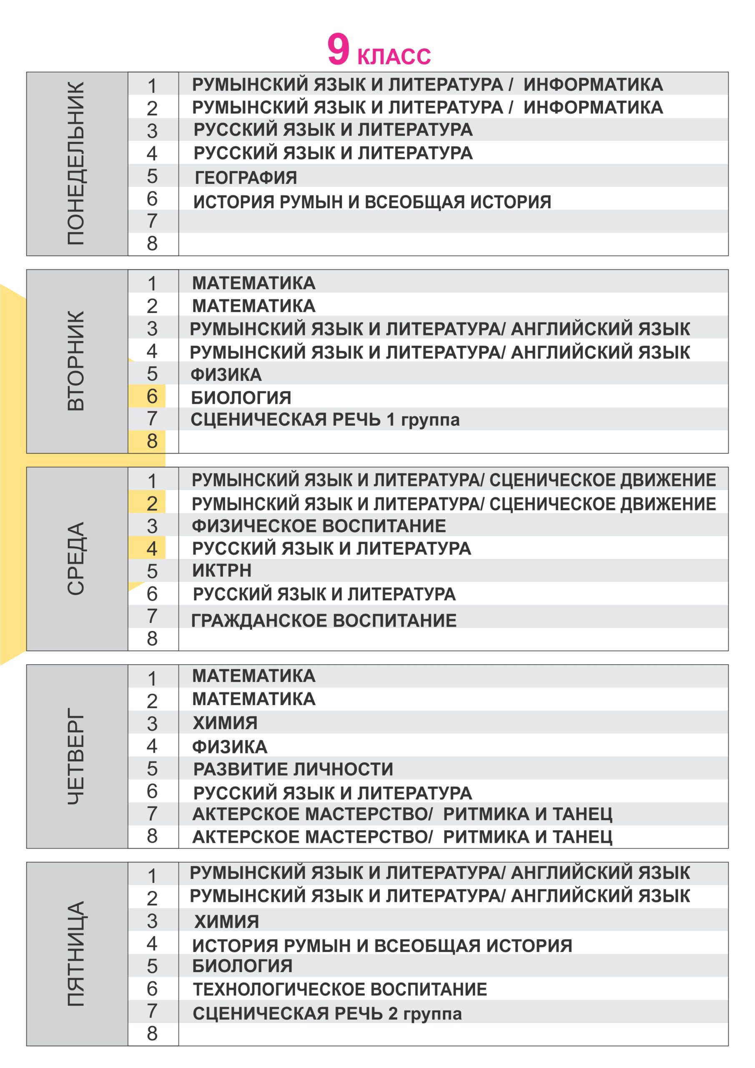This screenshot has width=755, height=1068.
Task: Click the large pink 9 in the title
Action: [x=338, y=49]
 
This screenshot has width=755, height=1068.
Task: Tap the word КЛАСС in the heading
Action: [x=394, y=56]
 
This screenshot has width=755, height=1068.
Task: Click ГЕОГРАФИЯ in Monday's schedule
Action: [x=246, y=178]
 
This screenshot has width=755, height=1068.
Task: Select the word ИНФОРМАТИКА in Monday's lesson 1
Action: [x=593, y=85]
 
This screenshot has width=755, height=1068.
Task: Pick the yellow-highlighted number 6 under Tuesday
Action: [x=152, y=396]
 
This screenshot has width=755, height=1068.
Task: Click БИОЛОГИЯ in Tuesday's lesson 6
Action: [x=241, y=398]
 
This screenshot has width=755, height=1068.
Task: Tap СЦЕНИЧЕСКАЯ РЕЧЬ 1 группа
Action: [x=325, y=420]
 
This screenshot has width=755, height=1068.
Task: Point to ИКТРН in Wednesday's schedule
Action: [x=222, y=570]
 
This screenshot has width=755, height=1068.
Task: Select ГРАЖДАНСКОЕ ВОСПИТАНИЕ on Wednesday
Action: [x=324, y=620]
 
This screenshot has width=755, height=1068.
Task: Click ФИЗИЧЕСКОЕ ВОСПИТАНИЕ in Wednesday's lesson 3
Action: [x=319, y=526]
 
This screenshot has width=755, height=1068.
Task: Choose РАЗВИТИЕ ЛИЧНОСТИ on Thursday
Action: [x=293, y=769]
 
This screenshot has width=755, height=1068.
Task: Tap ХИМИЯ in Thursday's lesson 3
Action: [x=225, y=723]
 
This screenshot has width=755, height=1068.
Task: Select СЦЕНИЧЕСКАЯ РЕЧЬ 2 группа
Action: [x=327, y=1014]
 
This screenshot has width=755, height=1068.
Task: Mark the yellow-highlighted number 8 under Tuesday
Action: [x=152, y=441]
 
